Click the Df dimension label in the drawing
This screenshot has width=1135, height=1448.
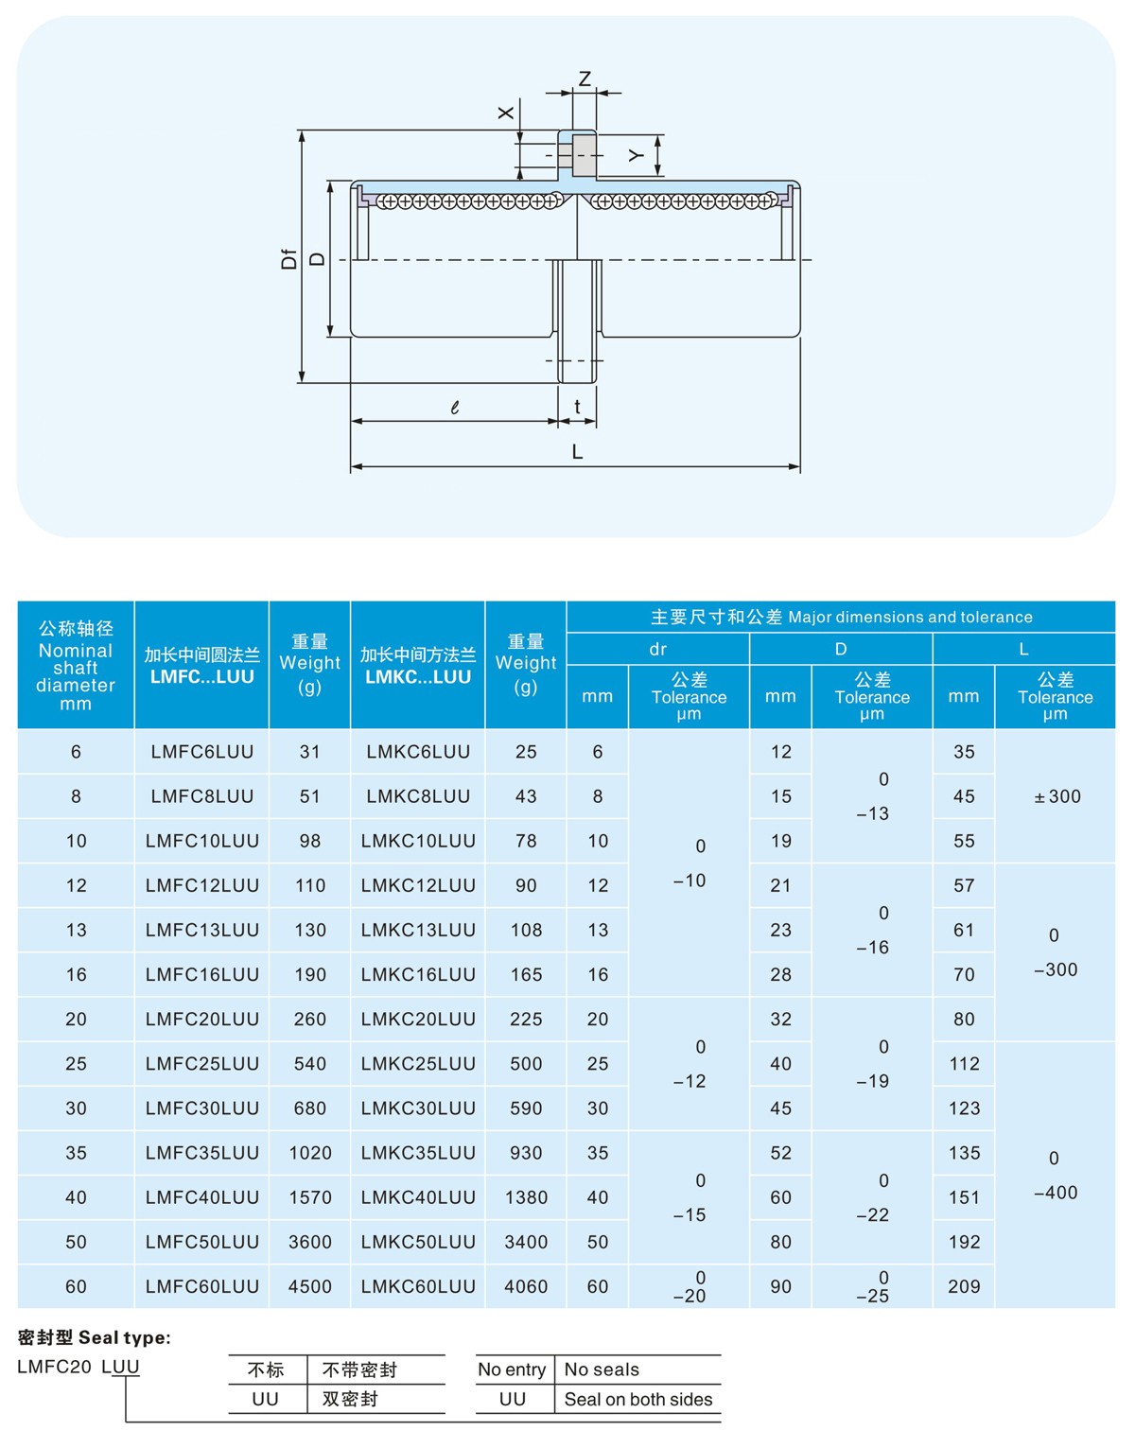tap(289, 258)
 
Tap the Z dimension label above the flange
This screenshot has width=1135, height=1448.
tap(585, 79)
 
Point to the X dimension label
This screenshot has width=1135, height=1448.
tap(506, 113)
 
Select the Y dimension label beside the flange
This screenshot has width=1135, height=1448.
tap(637, 155)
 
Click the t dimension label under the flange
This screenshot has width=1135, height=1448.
tap(577, 407)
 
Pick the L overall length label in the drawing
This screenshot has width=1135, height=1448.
tap(577, 452)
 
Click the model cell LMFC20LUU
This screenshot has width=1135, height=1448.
tap(201, 1019)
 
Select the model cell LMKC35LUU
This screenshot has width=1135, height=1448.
tap(417, 1153)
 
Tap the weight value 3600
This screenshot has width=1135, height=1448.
tap(310, 1242)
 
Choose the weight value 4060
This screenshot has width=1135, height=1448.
tap(526, 1286)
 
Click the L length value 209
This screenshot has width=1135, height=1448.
tap(964, 1286)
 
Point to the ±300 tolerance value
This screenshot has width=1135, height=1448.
tap(1056, 796)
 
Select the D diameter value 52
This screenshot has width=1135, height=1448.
tap(780, 1153)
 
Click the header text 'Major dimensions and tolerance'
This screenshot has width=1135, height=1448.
tap(910, 617)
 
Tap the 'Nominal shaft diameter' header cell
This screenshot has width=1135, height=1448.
tap(76, 666)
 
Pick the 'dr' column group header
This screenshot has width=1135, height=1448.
tap(657, 649)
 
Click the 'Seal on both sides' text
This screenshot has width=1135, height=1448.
tap(638, 1400)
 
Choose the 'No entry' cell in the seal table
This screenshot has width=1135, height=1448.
tap(512, 1369)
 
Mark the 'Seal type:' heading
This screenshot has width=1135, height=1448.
tap(95, 1337)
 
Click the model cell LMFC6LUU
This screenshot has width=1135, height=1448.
tap(201, 752)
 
